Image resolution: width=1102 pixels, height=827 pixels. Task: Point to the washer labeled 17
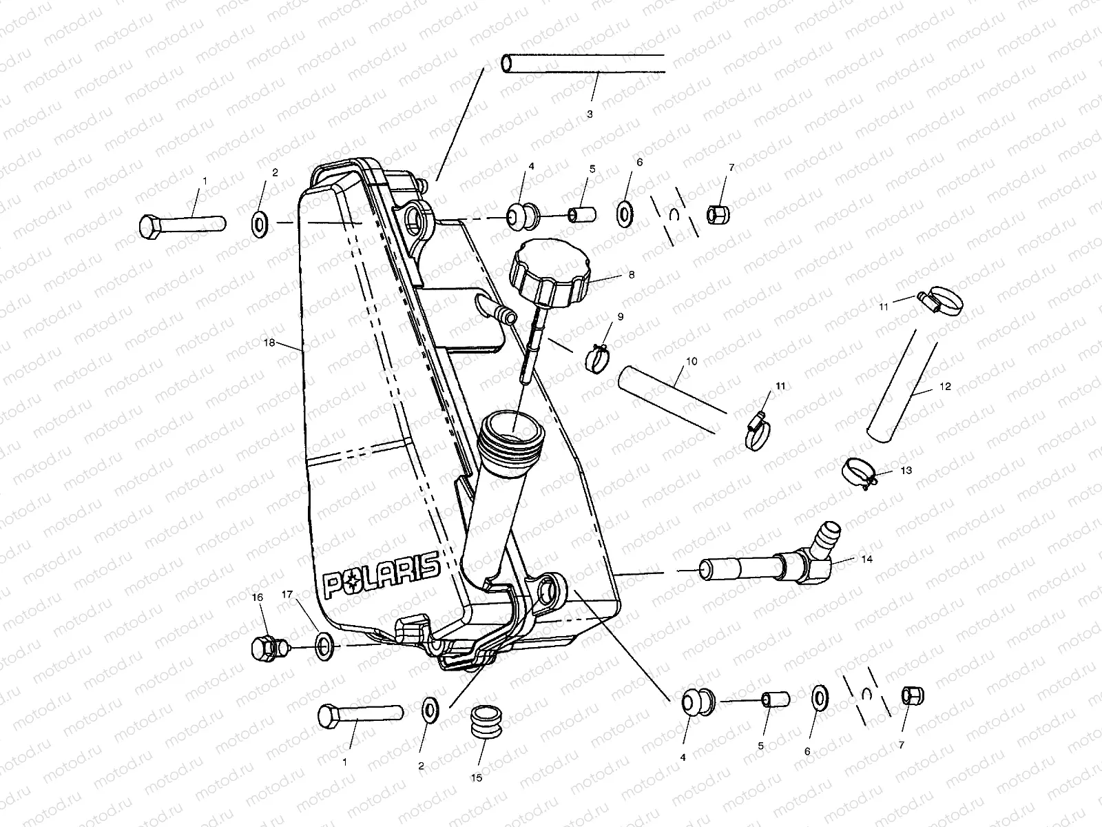click(324, 647)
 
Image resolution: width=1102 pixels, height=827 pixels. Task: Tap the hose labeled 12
click(902, 386)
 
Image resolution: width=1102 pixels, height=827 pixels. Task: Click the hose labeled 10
click(672, 400)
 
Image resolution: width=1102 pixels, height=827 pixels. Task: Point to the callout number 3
click(590, 114)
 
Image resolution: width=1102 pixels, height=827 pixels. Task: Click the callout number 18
click(269, 343)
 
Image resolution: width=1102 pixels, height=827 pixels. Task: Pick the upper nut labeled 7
click(718, 214)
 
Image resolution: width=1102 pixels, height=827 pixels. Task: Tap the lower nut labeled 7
click(913, 696)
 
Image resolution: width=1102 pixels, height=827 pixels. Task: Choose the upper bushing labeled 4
click(522, 217)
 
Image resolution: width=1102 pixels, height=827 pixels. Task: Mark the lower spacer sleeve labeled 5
click(776, 700)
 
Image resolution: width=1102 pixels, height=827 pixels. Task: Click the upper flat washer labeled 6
click(625, 214)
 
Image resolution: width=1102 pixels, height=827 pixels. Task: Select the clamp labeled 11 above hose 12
click(940, 300)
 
